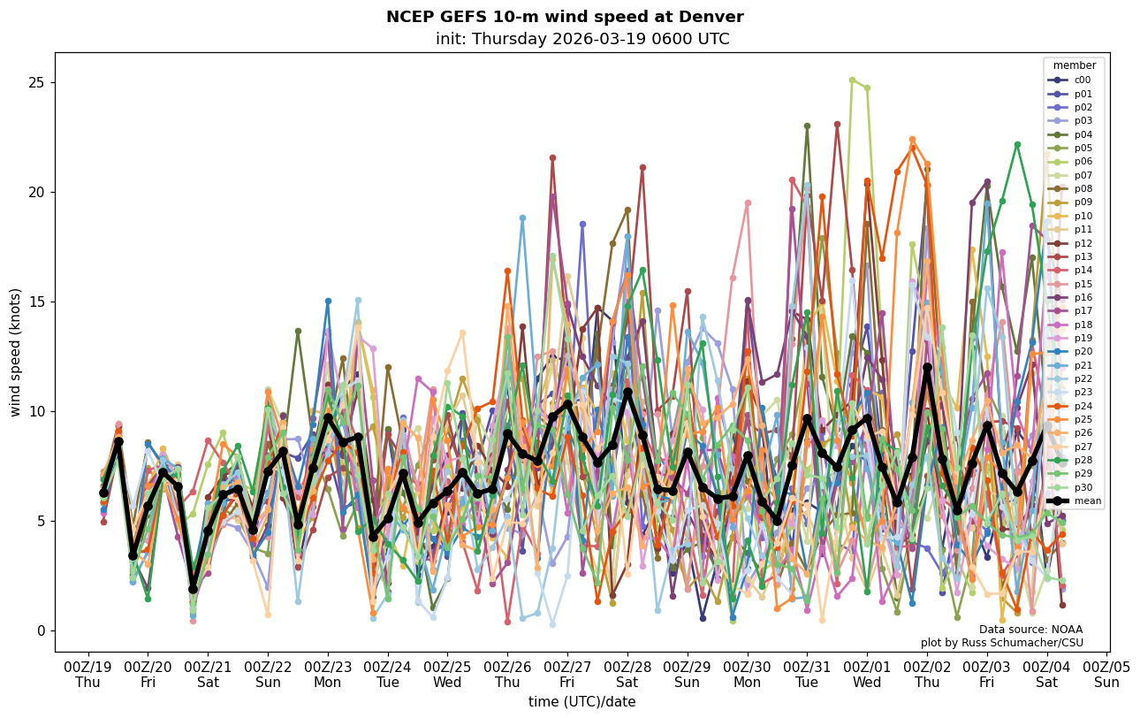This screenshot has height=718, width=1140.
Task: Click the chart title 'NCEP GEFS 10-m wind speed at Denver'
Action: (x=565, y=17)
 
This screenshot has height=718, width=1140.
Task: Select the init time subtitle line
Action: (x=582, y=39)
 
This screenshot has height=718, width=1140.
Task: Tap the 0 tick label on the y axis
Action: (x=41, y=631)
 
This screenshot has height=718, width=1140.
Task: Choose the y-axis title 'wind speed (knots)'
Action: (x=16, y=352)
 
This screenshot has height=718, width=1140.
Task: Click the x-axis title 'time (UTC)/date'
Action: (x=581, y=702)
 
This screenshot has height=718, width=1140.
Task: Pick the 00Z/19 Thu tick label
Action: (x=87, y=675)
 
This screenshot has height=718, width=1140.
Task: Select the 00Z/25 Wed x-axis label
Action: (x=448, y=675)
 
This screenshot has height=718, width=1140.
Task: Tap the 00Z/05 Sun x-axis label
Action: (x=1106, y=675)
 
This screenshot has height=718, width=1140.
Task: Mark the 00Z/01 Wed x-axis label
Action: (x=868, y=675)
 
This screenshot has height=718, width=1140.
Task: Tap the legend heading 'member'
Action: (x=1074, y=65)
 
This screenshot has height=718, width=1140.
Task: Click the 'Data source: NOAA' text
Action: (x=1030, y=630)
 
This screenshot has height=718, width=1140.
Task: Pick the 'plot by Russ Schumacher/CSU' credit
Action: (x=1001, y=643)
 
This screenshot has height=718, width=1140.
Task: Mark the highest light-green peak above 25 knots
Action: (x=852, y=80)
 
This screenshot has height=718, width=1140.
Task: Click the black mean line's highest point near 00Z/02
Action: (x=927, y=367)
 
